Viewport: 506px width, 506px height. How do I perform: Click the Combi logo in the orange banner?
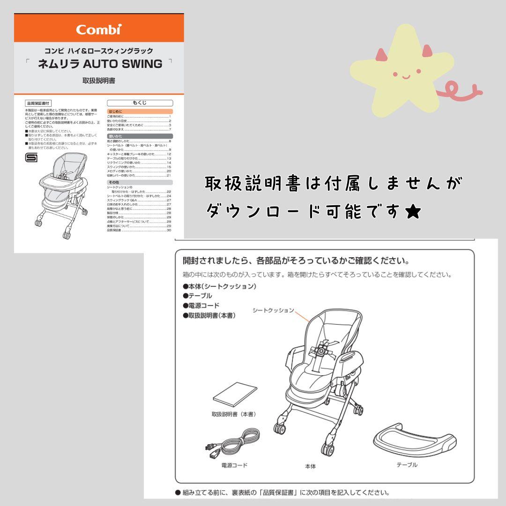(99, 30)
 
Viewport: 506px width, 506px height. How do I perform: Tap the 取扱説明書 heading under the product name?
(99, 81)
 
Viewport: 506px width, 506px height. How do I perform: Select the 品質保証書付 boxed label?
(38, 103)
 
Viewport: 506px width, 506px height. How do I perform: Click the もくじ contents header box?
(140, 103)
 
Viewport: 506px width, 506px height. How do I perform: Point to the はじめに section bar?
(140, 112)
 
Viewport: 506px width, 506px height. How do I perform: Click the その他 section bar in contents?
(140, 182)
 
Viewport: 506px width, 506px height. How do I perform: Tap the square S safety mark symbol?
(31, 158)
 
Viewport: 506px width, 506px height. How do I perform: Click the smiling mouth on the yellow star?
(406, 77)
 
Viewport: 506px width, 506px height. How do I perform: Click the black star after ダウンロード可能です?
(413, 213)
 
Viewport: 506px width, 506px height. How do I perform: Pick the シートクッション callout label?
(273, 310)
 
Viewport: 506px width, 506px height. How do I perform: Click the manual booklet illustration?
(235, 394)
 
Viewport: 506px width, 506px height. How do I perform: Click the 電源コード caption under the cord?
(234, 466)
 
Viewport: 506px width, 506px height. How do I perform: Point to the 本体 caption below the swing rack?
(310, 467)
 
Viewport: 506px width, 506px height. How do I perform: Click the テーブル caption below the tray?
(407, 465)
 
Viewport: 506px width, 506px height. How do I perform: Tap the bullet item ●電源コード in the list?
(201, 305)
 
